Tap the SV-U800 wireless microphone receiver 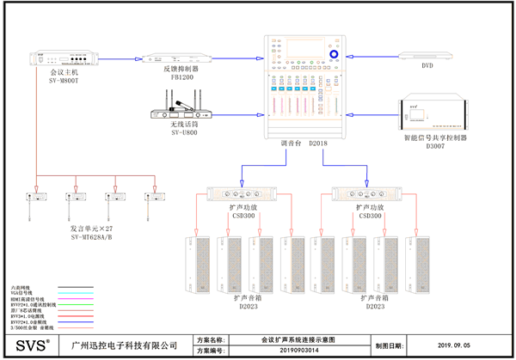[183, 112]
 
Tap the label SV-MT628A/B [97, 238]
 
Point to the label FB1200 [182, 76]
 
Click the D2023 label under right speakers [375, 305]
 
